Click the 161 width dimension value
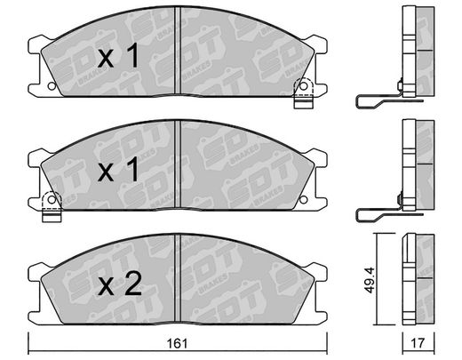pos(178,344)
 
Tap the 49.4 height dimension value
pos(370,280)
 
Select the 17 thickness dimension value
pos(418,343)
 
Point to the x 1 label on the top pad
pos(118,56)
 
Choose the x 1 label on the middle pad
pos(118,170)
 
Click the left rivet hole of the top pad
pos(52,86)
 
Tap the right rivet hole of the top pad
pos(303,86)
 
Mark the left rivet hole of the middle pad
pos(52,200)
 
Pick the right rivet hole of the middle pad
pos(303,200)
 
